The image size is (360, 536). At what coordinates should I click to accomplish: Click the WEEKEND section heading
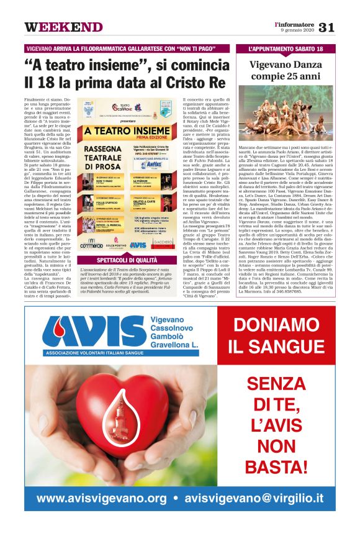63,27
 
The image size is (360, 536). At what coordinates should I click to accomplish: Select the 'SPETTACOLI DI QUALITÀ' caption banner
128,260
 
